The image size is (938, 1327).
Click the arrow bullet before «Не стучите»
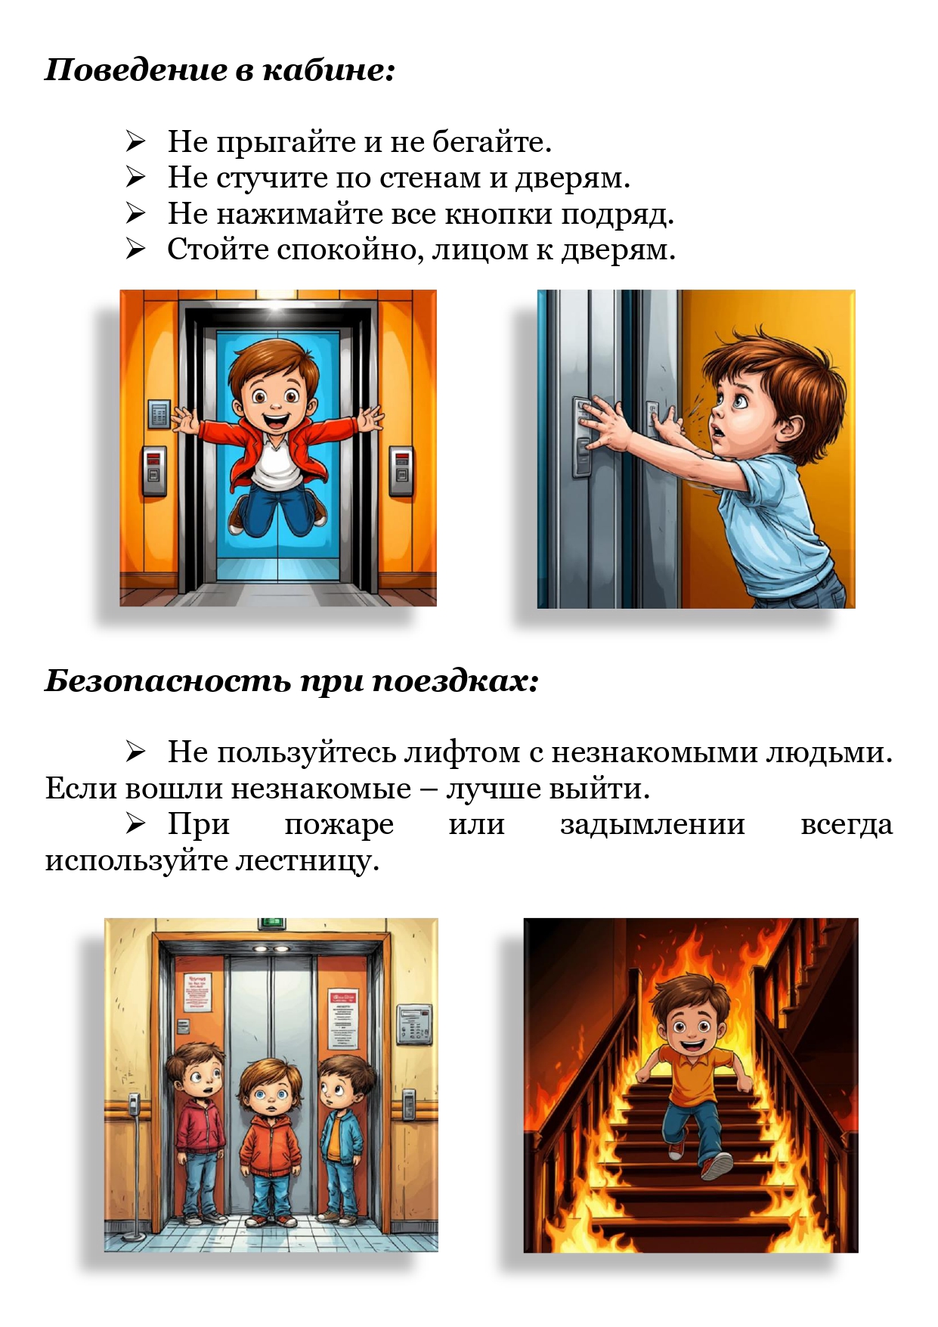pos(136,178)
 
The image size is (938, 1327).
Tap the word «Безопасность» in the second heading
pos(168,681)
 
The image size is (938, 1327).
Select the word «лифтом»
pos(462,752)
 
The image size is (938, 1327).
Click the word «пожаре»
pos(339,825)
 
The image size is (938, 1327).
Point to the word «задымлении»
pos(653,824)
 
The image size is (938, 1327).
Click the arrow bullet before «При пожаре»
pos(136,824)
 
